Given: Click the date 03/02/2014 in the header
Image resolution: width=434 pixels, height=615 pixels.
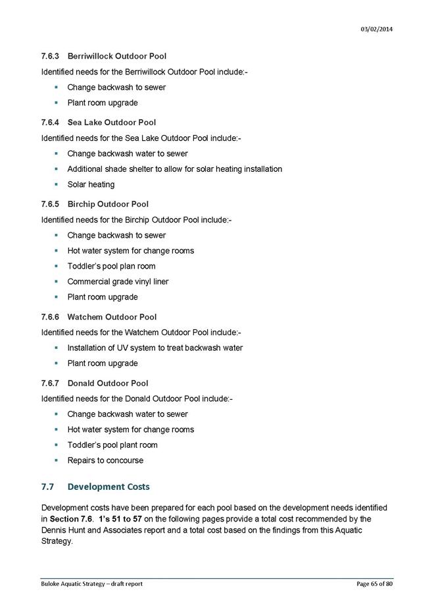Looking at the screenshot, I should click(377, 30).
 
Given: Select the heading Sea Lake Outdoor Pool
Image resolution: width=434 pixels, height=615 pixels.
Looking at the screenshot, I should click(111, 122).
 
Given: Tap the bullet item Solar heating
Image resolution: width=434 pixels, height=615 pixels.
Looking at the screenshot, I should click(91, 184).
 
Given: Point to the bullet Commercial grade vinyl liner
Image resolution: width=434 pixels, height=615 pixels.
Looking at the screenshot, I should click(118, 282).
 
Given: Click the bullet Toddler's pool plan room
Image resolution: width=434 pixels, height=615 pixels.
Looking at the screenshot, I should click(111, 266).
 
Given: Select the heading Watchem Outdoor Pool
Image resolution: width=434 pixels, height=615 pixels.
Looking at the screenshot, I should click(112, 317).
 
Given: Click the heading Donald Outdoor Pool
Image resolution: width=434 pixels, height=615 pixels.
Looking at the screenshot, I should click(107, 383).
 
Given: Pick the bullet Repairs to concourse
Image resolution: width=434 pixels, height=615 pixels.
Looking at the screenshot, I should click(105, 460).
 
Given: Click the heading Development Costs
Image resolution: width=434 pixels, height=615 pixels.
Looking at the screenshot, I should click(108, 487).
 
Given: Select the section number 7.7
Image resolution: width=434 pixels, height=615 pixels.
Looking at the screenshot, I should click(47, 487).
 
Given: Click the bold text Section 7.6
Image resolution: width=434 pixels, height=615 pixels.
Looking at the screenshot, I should click(72, 519).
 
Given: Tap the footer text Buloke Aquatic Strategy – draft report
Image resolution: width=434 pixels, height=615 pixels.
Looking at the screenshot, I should click(91, 583).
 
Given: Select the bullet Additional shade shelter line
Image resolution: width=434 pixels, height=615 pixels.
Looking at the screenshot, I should click(174, 169).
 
